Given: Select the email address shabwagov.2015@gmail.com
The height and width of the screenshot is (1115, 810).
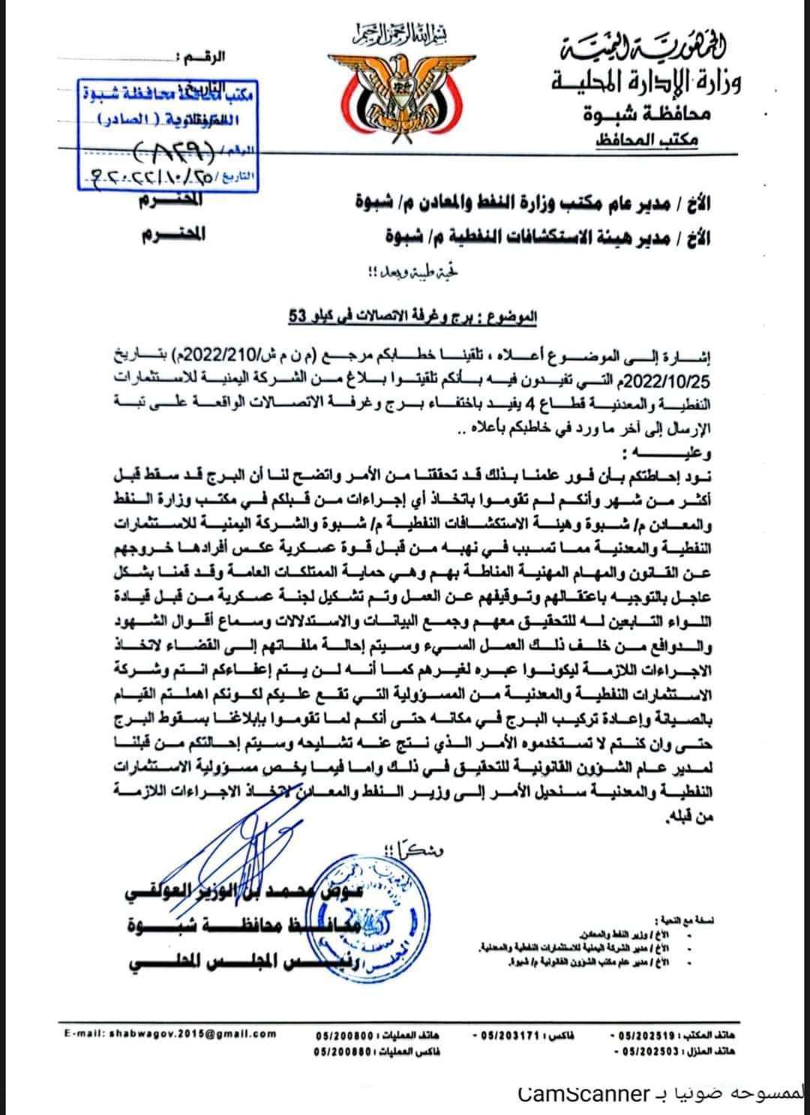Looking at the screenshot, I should click(170, 1033).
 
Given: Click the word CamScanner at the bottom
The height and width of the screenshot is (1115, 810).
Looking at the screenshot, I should click(584, 1093).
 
